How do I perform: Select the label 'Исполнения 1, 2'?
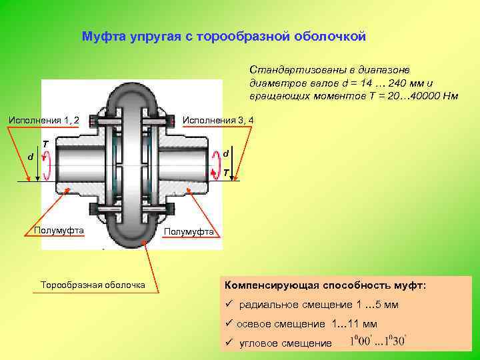pyautogui.click(x=43, y=120)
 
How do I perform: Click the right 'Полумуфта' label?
pyautogui.click(x=189, y=231)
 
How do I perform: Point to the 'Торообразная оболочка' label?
pyautogui.click(x=93, y=285)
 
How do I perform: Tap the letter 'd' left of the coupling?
pyautogui.click(x=30, y=157)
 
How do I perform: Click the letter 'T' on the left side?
pyautogui.click(x=45, y=144)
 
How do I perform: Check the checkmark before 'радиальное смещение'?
pyautogui.click(x=228, y=305)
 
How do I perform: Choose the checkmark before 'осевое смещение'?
pyautogui.click(x=228, y=324)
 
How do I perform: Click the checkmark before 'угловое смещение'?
pyautogui.click(x=228, y=343)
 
